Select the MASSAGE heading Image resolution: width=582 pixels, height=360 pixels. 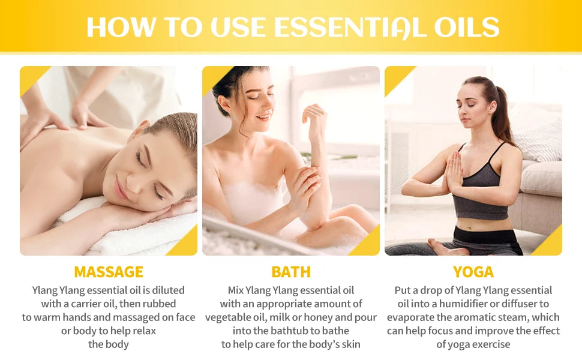click(x=109, y=272)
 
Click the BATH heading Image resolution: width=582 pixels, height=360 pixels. click(x=291, y=272)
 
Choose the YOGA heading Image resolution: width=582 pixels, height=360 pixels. click(x=473, y=272)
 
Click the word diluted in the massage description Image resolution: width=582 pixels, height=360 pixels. click(x=166, y=290)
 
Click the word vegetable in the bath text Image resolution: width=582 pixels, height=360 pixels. click(x=229, y=317)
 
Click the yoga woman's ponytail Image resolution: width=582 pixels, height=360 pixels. click(x=503, y=114)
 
